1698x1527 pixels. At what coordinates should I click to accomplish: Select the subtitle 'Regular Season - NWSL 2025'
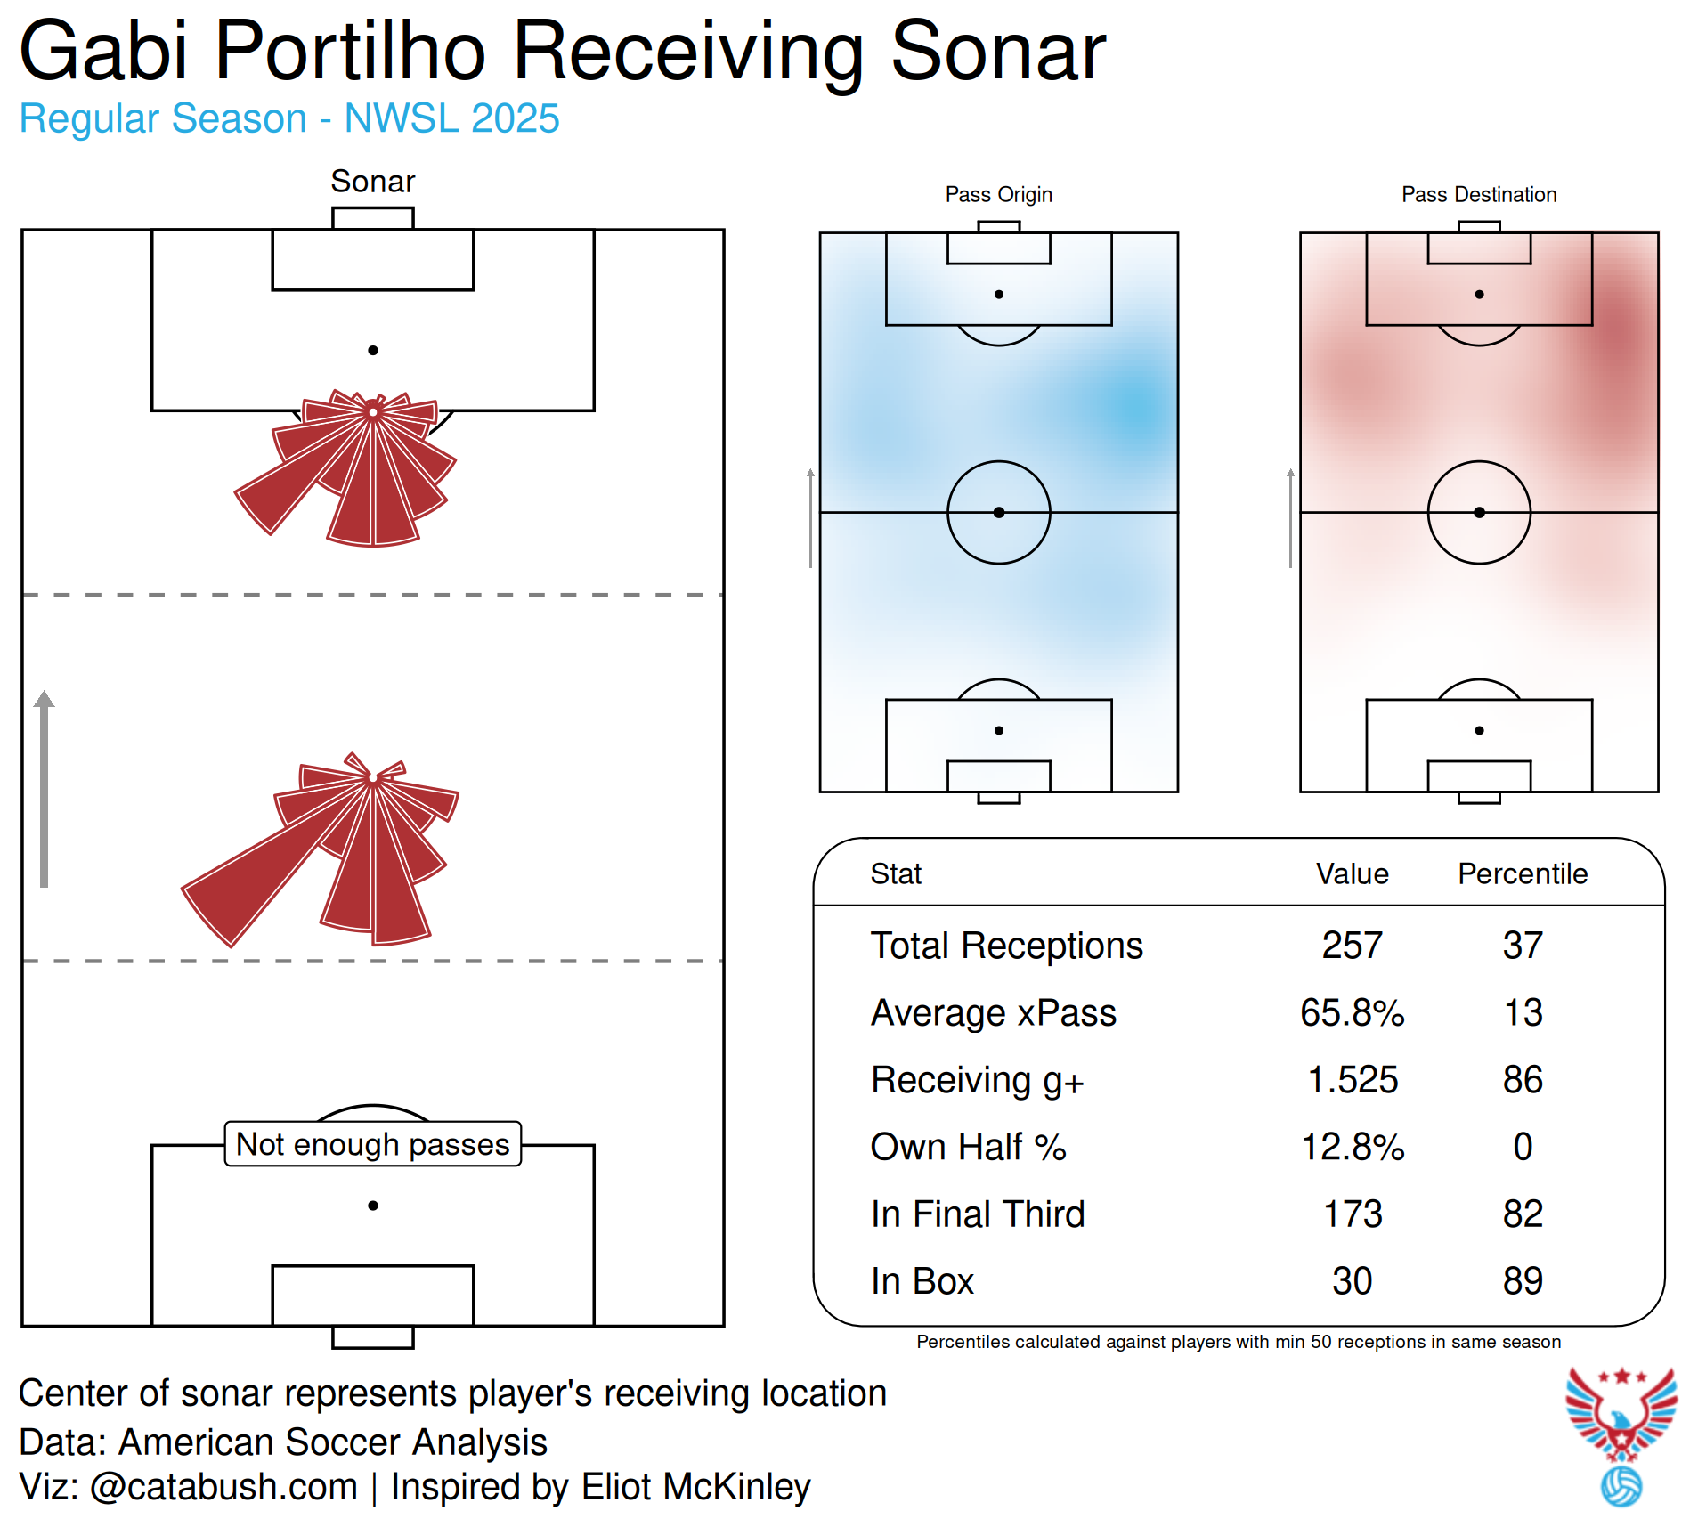(x=289, y=118)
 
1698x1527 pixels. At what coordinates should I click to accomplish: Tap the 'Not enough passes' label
(x=372, y=1144)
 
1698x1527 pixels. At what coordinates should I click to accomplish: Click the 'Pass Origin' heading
(x=998, y=194)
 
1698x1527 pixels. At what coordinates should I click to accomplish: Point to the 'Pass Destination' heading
(x=1478, y=194)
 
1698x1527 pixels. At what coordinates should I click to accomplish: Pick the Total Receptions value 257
(x=1352, y=946)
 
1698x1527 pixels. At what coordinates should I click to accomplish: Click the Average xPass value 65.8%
(x=1352, y=1013)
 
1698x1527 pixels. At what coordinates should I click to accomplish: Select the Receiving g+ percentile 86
(x=1522, y=1080)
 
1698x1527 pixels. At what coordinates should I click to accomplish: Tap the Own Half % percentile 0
(x=1522, y=1147)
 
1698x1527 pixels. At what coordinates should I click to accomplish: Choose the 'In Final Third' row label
(x=978, y=1214)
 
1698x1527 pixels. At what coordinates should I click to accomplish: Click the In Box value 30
(x=1352, y=1281)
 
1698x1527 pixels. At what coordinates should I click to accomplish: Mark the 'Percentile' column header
(x=1522, y=873)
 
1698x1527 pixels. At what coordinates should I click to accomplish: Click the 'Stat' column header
(x=896, y=873)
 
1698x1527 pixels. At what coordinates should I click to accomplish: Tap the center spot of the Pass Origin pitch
(x=998, y=512)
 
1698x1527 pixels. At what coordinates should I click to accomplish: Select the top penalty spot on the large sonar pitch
(x=373, y=351)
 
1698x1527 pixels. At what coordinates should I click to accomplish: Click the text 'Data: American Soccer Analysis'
(x=283, y=1442)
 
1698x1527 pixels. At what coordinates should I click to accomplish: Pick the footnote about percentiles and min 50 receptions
(x=1238, y=1342)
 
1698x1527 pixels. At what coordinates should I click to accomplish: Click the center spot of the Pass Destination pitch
(x=1479, y=512)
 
